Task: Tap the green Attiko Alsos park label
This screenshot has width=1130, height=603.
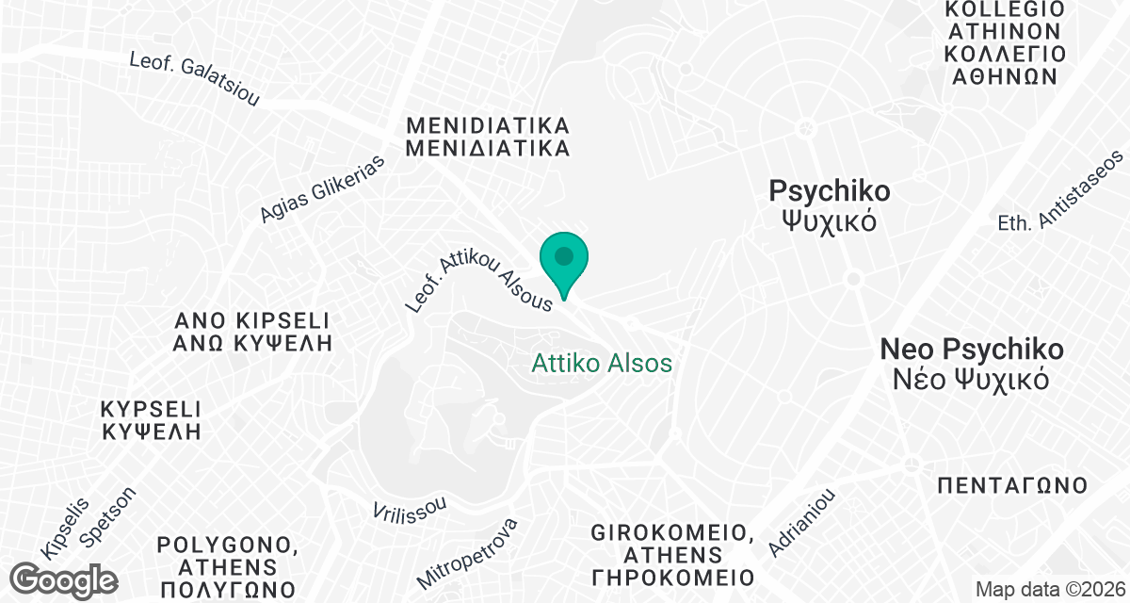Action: pos(602,363)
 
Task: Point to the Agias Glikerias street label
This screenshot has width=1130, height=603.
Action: pos(324,188)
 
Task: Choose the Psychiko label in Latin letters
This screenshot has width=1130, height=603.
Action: pos(829,191)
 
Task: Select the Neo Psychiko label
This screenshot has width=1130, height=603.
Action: pos(972,350)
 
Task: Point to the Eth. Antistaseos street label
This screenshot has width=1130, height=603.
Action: pos(1062,190)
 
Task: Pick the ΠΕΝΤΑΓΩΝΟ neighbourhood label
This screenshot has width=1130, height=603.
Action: pos(1013,486)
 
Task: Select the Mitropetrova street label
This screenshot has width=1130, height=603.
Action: pos(468,552)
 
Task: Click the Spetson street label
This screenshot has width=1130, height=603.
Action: pos(108,518)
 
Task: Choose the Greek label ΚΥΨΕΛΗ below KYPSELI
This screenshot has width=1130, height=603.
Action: pos(152,433)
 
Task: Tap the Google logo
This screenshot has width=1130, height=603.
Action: pos(66,579)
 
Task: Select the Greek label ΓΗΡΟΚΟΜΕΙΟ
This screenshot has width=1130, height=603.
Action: pos(672,577)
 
